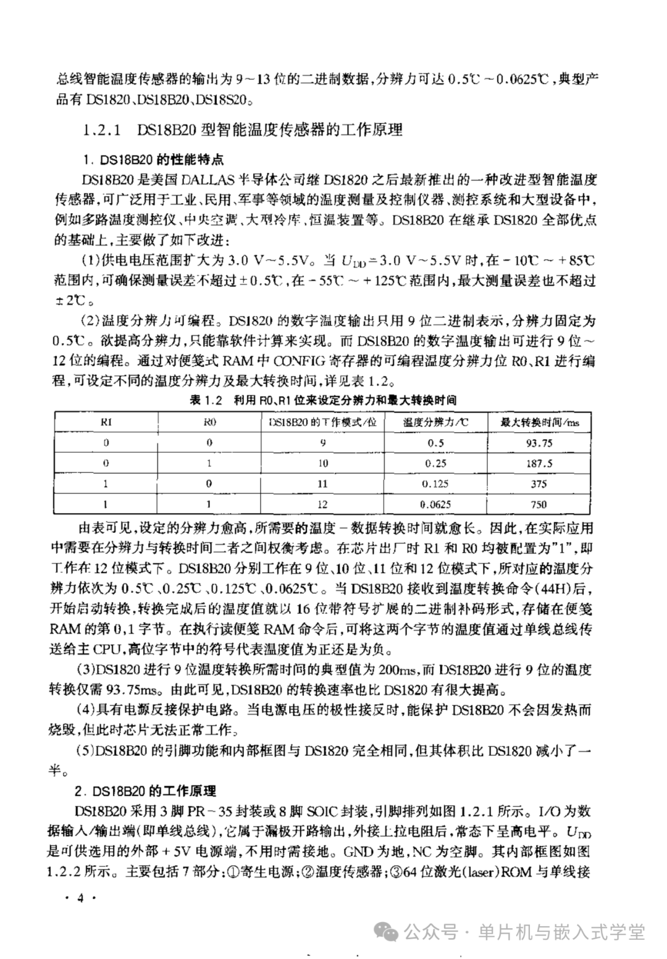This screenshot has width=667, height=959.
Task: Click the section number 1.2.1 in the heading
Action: coord(104,130)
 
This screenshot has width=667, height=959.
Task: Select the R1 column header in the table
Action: coord(106,422)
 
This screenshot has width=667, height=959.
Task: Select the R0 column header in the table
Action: coord(209,422)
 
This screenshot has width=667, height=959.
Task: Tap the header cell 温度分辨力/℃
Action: coord(436,422)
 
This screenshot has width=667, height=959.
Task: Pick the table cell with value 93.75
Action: coord(539,443)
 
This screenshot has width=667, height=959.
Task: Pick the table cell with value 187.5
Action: coord(539,463)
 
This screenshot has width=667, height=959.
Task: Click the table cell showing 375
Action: coord(539,484)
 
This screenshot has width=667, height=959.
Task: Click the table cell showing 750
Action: coord(539,504)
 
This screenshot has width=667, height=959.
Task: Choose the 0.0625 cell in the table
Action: coord(435,504)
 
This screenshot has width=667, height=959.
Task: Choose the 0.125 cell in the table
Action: coord(435,484)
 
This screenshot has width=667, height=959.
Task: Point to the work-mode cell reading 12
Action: coord(322,504)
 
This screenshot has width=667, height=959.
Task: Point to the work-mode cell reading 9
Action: coord(322,443)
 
